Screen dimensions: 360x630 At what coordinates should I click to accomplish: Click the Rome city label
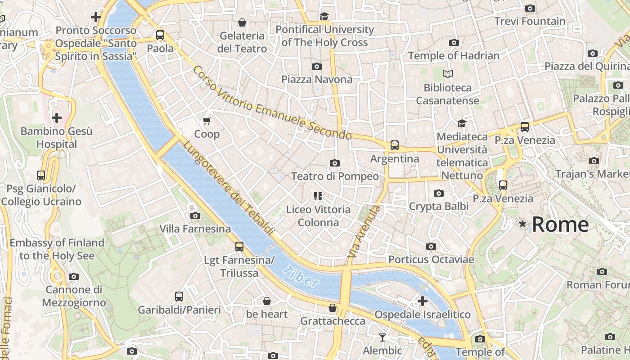(560, 224)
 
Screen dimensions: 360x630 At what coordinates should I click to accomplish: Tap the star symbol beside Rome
(522, 224)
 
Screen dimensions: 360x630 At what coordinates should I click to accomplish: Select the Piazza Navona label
(317, 80)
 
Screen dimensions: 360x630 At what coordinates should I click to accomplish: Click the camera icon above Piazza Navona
(317, 66)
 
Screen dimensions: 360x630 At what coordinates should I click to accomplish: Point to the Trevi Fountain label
(530, 21)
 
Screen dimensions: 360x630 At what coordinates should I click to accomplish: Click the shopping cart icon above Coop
(207, 120)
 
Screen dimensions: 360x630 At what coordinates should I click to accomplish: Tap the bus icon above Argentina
(395, 145)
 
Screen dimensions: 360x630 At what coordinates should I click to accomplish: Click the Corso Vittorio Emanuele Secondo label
(272, 103)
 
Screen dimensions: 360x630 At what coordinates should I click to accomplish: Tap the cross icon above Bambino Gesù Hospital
(57, 118)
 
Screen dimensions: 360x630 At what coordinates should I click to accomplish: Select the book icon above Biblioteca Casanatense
(447, 74)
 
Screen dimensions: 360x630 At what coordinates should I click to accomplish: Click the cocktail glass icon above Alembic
(382, 337)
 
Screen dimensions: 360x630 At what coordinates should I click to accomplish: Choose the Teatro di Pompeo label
(335, 176)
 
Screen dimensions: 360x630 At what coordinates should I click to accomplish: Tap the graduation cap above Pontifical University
(324, 16)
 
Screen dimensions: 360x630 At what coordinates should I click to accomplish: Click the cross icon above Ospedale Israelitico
(422, 301)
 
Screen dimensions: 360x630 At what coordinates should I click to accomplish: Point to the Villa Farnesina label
(195, 229)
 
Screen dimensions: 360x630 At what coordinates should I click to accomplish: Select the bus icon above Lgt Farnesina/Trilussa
(239, 246)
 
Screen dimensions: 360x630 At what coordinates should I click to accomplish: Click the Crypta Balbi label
(438, 206)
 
